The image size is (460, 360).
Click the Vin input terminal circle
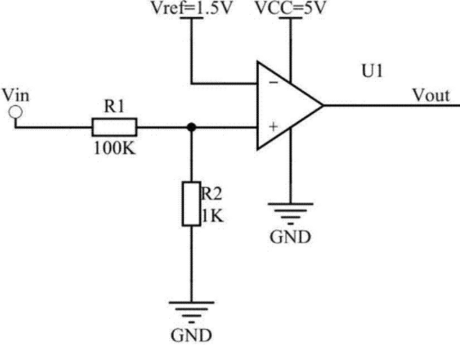point(16,112)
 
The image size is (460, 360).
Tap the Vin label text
point(16,95)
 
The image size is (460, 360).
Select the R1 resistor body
point(115,127)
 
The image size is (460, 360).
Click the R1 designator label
point(114,106)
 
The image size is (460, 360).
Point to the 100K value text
point(115,148)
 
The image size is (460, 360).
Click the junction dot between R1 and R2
point(191,127)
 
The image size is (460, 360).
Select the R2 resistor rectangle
point(191,203)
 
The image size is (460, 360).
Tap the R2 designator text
point(211,193)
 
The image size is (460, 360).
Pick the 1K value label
point(213,216)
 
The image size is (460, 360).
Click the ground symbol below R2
point(191,312)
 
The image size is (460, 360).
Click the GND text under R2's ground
point(191,335)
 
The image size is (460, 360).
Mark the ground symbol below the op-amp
point(291,214)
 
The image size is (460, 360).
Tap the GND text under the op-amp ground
point(290,237)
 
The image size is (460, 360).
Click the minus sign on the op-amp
point(274,83)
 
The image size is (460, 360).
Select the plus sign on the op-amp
point(274,127)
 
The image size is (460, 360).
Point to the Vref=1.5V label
point(191,9)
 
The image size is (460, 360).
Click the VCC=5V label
point(291,9)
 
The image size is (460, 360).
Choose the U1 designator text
point(372,71)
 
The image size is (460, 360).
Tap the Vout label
point(431,95)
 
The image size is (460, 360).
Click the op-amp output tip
point(323,105)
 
